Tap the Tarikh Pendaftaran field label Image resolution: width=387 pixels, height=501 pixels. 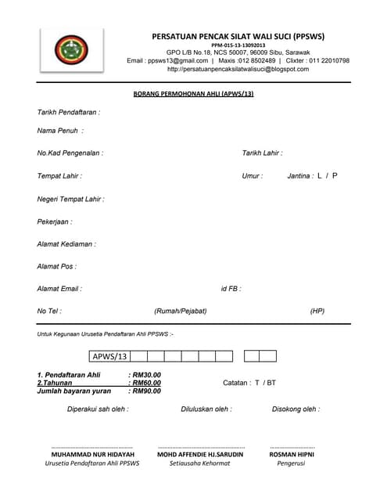(69, 112)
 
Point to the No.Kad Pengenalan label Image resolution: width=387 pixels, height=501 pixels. (70, 153)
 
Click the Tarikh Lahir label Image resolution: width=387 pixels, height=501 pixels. (262, 153)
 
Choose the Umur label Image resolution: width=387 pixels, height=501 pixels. (253, 176)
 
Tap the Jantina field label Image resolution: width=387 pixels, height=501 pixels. (300, 176)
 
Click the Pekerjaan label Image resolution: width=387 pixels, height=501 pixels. (55, 222)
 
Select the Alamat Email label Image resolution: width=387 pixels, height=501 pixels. (59, 289)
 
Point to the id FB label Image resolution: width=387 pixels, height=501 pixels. (231, 289)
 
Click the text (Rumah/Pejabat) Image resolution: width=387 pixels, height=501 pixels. (181, 311)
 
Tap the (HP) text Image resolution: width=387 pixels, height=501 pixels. (317, 311)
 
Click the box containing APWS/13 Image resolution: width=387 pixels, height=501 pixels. (109, 356)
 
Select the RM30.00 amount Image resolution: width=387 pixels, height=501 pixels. (146, 375)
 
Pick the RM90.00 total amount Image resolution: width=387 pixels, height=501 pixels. (146, 391)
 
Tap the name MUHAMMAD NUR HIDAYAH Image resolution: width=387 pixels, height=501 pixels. (92, 454)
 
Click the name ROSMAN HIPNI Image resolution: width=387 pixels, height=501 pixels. (291, 454)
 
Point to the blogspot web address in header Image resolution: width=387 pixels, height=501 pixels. (238, 69)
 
